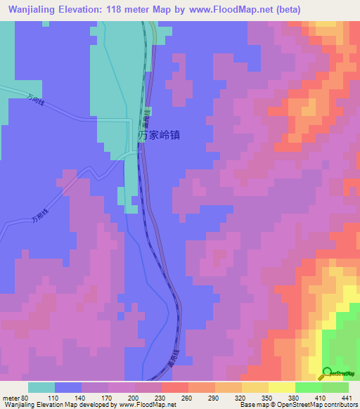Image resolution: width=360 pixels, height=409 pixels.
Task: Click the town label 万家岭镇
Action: [159, 134]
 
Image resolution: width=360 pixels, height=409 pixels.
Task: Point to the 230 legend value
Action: [162, 397]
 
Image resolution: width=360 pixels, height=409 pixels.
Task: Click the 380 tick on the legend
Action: [295, 397]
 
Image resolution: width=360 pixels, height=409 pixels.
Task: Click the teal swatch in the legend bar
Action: [41, 387]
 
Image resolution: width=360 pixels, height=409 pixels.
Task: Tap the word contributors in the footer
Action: [337, 405]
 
